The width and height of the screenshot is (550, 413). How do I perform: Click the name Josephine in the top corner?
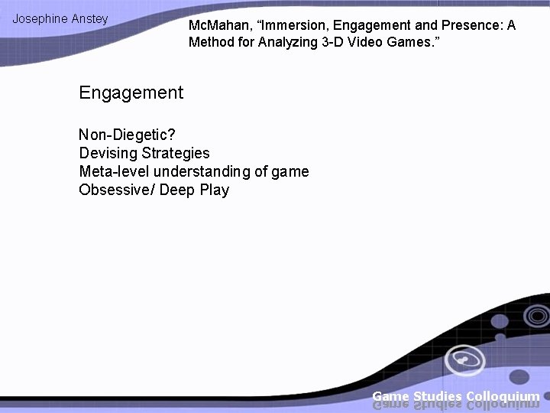click(x=40, y=18)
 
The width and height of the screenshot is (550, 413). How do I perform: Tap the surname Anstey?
click(x=90, y=18)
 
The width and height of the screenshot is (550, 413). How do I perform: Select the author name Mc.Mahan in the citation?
click(x=218, y=25)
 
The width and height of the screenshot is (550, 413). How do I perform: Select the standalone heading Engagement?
click(x=131, y=93)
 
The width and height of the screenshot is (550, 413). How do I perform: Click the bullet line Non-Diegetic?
click(x=127, y=135)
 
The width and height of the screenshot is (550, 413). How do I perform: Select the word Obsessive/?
click(x=116, y=190)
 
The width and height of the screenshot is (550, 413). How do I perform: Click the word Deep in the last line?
click(x=177, y=190)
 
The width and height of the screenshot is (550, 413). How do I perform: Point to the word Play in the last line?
click(x=215, y=190)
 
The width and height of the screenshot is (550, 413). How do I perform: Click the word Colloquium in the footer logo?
click(x=503, y=396)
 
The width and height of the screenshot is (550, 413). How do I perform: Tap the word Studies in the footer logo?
click(x=438, y=396)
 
